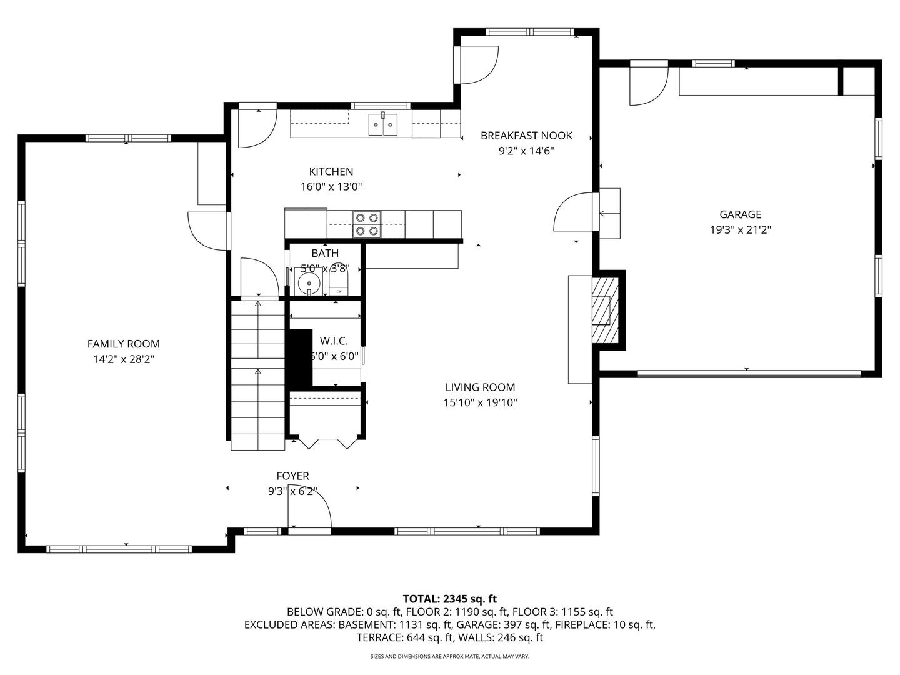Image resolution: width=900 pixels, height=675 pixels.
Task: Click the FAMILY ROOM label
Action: (x=123, y=344)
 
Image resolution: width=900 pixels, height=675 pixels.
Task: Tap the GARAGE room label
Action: (x=741, y=214)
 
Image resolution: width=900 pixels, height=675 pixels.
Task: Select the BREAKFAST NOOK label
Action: (x=526, y=136)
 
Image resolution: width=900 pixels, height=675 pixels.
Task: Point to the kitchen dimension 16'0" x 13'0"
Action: (x=331, y=187)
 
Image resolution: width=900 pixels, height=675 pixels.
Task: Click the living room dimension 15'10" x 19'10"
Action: (x=480, y=402)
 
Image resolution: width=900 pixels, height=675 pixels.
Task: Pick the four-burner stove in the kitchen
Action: (x=367, y=224)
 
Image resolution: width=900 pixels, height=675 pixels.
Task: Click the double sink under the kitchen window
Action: (x=383, y=124)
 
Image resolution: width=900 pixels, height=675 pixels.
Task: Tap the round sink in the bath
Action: (x=308, y=282)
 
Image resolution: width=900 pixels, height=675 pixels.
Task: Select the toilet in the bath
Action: (x=339, y=281)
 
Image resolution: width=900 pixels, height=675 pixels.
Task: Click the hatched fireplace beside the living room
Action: (x=605, y=310)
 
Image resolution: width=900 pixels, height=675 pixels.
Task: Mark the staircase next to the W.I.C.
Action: (x=258, y=376)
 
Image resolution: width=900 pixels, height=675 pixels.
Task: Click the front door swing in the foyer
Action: (x=309, y=509)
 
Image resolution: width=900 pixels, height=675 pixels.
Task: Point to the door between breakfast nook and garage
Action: (x=573, y=212)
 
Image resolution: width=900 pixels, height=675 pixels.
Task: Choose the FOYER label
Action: (x=292, y=476)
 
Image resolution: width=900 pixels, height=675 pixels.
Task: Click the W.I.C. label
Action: (x=334, y=341)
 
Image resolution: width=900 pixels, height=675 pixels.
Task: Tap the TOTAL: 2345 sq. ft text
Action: (x=450, y=599)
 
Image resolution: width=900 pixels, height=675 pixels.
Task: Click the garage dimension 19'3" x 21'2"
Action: (x=741, y=230)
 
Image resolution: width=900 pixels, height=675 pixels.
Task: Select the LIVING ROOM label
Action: (x=480, y=387)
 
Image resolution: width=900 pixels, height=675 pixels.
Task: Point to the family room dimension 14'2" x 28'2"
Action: (x=123, y=359)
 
